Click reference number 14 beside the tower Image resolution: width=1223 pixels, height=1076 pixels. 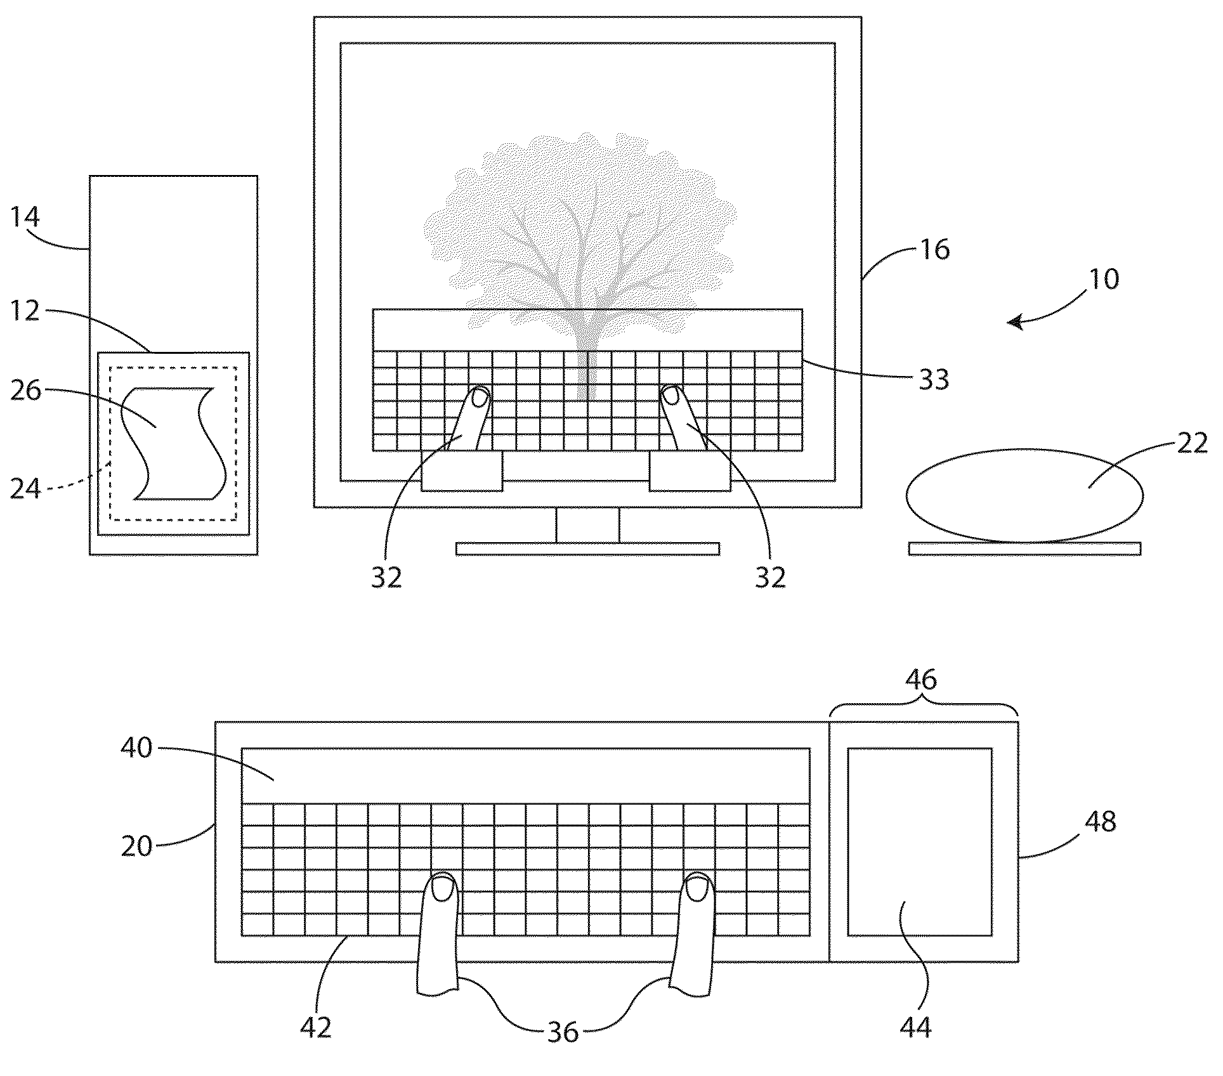25,217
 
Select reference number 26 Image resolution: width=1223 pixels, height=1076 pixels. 25,391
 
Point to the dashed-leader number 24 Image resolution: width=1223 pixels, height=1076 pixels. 25,489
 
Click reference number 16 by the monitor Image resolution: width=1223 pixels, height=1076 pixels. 934,250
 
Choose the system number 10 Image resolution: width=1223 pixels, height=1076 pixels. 1104,279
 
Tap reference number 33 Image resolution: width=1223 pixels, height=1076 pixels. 934,379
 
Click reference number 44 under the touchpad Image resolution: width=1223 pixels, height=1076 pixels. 915,1027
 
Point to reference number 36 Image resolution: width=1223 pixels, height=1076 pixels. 563,1032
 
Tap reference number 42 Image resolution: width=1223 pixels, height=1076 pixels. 316,1027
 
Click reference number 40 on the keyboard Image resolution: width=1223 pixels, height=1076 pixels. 136,748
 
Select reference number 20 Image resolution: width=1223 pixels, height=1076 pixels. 137,846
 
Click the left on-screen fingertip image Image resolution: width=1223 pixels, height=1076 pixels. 480,397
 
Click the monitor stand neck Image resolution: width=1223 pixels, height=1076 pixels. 587,525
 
